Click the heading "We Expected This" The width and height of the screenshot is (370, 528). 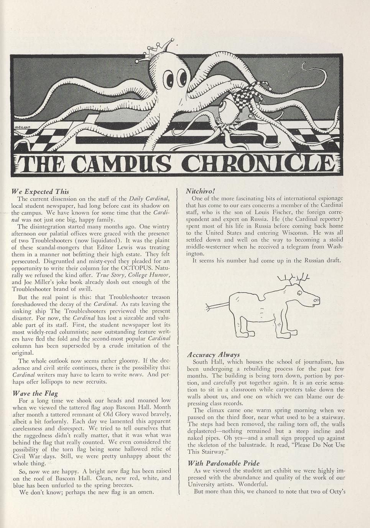[x=41, y=191]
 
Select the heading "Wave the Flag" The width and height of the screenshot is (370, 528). [x=35, y=393]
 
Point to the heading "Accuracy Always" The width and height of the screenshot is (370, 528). [x=213, y=355]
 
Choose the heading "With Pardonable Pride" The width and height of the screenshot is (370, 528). [x=224, y=463]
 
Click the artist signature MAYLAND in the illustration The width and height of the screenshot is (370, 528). [x=22, y=127]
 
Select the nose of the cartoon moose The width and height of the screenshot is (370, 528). [x=316, y=301]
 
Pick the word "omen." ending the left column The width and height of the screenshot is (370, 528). [x=146, y=492]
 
